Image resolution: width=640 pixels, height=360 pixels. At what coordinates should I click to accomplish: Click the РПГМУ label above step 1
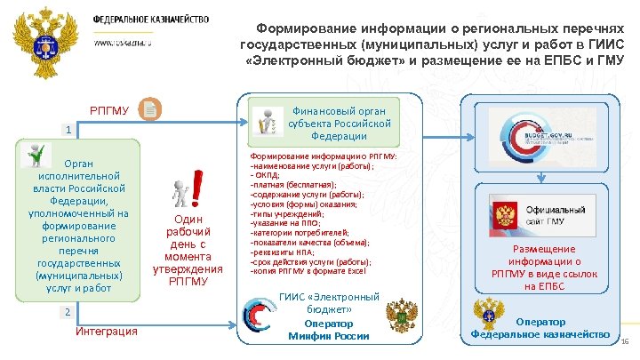point(108,110)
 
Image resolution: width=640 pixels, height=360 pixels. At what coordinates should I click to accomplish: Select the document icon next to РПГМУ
point(150,109)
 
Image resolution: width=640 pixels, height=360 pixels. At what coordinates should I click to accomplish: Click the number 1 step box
point(66,131)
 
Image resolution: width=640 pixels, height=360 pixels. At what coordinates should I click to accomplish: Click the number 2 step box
point(66,312)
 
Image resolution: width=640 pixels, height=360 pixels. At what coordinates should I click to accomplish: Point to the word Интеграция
point(107,332)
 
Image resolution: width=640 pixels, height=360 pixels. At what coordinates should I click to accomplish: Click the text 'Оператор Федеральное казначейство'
point(542,328)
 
